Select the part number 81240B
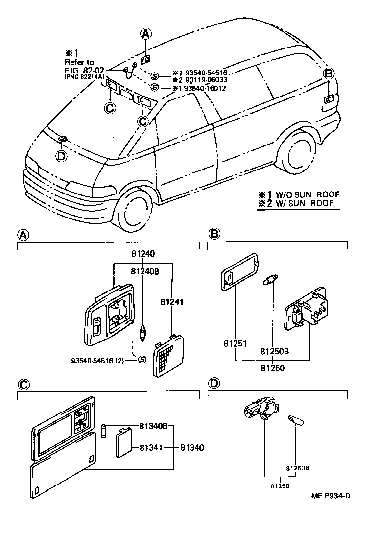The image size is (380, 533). [x=145, y=271]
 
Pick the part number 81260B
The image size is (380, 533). [x=297, y=468]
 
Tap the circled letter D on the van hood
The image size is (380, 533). [x=61, y=156]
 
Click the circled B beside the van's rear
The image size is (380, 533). [x=329, y=73]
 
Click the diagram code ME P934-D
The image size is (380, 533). [x=331, y=495]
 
